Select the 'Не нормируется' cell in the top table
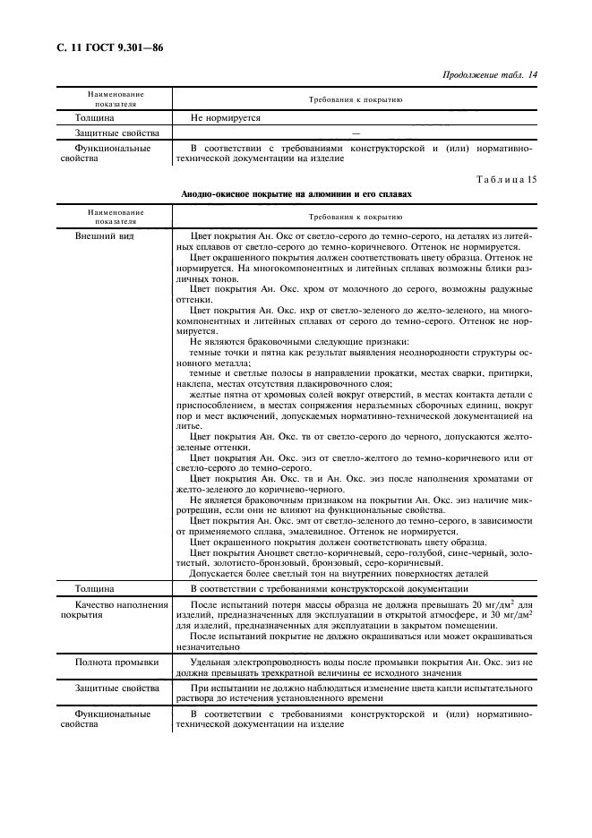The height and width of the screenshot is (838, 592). (x=224, y=117)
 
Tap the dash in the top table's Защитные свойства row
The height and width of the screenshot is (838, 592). (x=356, y=133)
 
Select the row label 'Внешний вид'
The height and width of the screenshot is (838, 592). (x=104, y=236)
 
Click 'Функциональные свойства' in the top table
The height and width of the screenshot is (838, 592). (x=112, y=152)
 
